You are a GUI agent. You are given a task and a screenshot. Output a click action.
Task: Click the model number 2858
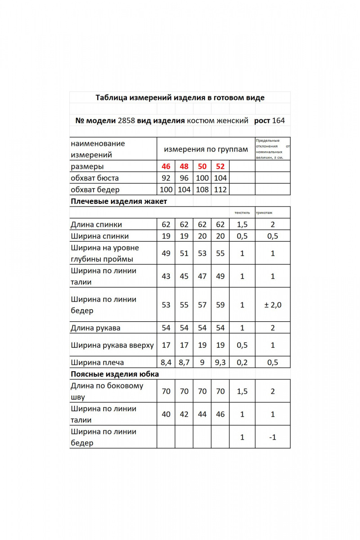pos(126,121)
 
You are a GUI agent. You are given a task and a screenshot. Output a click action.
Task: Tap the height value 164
pos(279,121)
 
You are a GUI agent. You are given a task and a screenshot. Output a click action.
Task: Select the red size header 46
pos(166,166)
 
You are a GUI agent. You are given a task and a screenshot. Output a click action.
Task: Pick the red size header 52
pos(220,166)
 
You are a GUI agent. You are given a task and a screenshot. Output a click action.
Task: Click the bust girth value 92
pos(166,178)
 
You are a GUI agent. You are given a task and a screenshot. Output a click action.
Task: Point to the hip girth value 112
pos(220,190)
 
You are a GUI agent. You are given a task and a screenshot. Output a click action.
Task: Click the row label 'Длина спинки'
pos(96,225)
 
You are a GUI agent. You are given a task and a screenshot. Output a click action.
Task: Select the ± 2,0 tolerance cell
pos(273,305)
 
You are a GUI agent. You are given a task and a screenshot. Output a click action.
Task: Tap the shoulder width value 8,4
pos(166,362)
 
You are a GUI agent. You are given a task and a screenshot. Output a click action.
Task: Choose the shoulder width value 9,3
pos(220,362)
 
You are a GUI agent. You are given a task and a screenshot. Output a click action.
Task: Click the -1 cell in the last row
pos(273,437)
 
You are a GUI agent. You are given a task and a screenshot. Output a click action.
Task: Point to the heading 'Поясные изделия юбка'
pos(115,374)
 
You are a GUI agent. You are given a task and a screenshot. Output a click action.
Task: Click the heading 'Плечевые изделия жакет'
pos(119,201)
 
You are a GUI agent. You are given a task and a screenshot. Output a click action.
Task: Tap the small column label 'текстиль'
pos(242,212)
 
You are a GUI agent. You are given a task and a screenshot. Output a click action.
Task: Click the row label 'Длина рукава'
pos(95,328)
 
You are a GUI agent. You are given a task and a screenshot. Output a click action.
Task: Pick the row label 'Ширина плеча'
pos(97,362)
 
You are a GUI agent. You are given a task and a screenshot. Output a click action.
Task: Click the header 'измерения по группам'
pos(206,149)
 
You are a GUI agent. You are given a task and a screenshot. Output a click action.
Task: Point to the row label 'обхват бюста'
pos(95,178)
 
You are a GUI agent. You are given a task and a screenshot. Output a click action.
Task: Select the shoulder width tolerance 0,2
pos(242,362)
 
